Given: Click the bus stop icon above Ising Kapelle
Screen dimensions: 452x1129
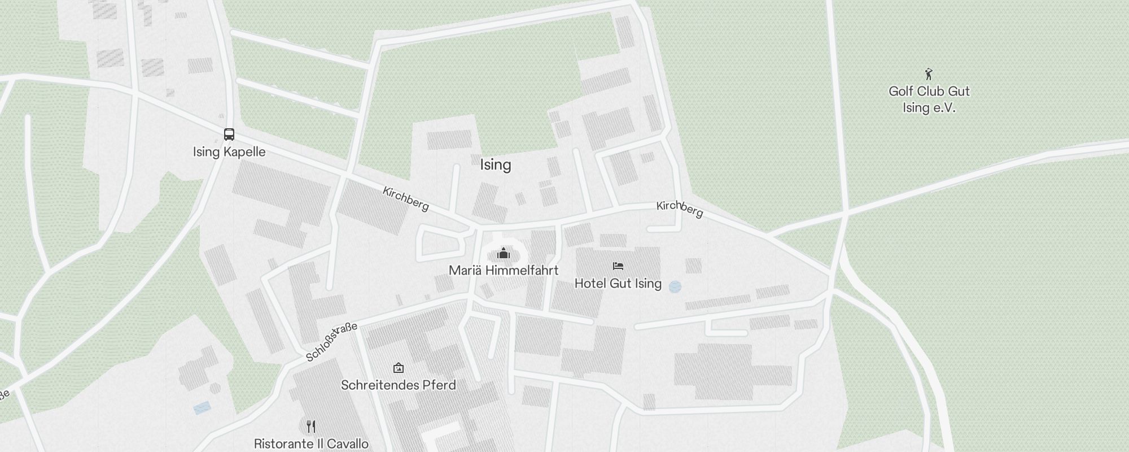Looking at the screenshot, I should coord(229,134).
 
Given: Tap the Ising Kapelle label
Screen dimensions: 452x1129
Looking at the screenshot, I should coord(229,152).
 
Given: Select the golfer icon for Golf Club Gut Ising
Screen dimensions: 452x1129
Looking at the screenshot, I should coord(929,74).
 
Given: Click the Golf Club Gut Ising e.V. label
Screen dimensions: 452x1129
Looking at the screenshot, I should coord(929,99).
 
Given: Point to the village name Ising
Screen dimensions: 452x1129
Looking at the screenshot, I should coord(496,165).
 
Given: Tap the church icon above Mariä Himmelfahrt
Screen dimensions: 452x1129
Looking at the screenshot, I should coord(504,253).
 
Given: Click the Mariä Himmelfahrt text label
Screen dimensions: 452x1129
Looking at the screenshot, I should coord(504,271).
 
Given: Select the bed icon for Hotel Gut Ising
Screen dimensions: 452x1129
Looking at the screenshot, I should coord(618,266).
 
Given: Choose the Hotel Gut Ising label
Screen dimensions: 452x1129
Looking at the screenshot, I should coord(618,284).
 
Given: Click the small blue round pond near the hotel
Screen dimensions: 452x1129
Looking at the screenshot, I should coord(675,287).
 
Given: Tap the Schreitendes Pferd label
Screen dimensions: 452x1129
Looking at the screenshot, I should coord(399,385).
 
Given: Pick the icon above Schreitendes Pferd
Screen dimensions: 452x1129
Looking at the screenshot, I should coord(399,368).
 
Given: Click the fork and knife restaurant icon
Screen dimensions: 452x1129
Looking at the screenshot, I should coord(311,426).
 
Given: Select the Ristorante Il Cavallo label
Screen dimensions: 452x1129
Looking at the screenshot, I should coord(311,444).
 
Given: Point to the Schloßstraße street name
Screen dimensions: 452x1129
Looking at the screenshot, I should coord(331,341).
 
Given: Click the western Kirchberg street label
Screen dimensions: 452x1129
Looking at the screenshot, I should coord(406,199).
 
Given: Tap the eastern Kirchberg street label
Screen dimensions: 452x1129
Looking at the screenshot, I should coord(680,209).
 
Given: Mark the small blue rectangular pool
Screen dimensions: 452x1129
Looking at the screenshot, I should coord(202,407).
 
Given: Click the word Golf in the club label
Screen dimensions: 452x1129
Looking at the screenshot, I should coord(902,92).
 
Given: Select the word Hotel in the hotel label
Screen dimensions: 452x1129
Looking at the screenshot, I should coord(590,284).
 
